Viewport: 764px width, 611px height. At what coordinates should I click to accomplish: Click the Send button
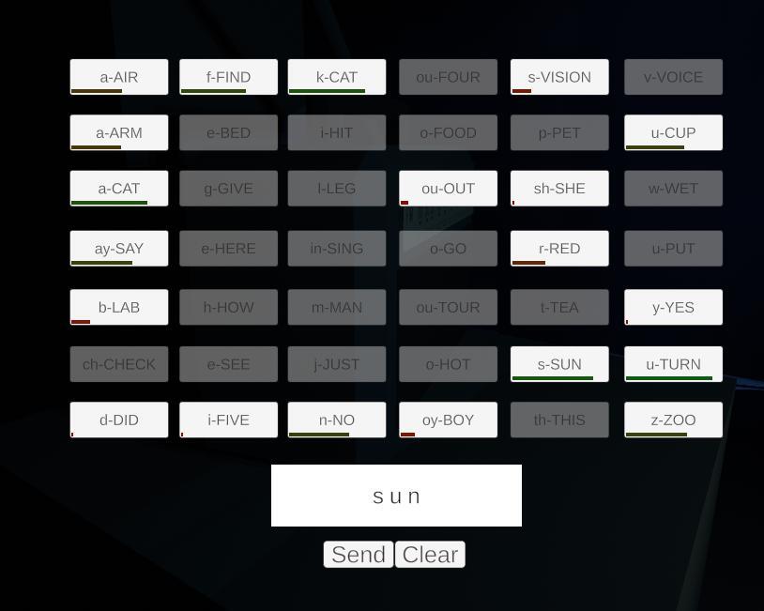[359, 555]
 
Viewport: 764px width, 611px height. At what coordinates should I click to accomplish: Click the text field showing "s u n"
[396, 496]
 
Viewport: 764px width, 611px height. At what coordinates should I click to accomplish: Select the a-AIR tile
[119, 77]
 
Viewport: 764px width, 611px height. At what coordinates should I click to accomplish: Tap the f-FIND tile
[229, 77]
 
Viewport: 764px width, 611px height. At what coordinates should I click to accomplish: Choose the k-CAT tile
[337, 77]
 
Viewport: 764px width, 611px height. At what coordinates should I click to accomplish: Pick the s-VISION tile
[559, 77]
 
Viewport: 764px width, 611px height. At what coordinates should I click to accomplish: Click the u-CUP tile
[673, 132]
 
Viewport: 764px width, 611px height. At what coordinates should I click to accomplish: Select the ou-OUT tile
[448, 189]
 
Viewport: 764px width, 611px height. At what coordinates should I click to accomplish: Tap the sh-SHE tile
[559, 189]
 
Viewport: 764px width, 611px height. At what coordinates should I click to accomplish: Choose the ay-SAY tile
[119, 249]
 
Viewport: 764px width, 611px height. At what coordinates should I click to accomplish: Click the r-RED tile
[559, 249]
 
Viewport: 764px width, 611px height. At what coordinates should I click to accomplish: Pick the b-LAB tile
[119, 307]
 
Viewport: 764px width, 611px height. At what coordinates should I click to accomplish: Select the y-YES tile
[673, 307]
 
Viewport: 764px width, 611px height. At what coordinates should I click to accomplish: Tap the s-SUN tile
[559, 364]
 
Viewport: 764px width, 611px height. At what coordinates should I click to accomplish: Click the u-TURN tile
[673, 364]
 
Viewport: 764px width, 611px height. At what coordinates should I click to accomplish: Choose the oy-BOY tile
[448, 420]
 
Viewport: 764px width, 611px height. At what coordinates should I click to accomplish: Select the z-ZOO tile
[673, 420]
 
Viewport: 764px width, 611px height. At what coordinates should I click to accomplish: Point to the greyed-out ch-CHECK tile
[119, 364]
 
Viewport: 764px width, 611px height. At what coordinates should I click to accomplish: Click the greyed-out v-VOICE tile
[673, 77]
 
